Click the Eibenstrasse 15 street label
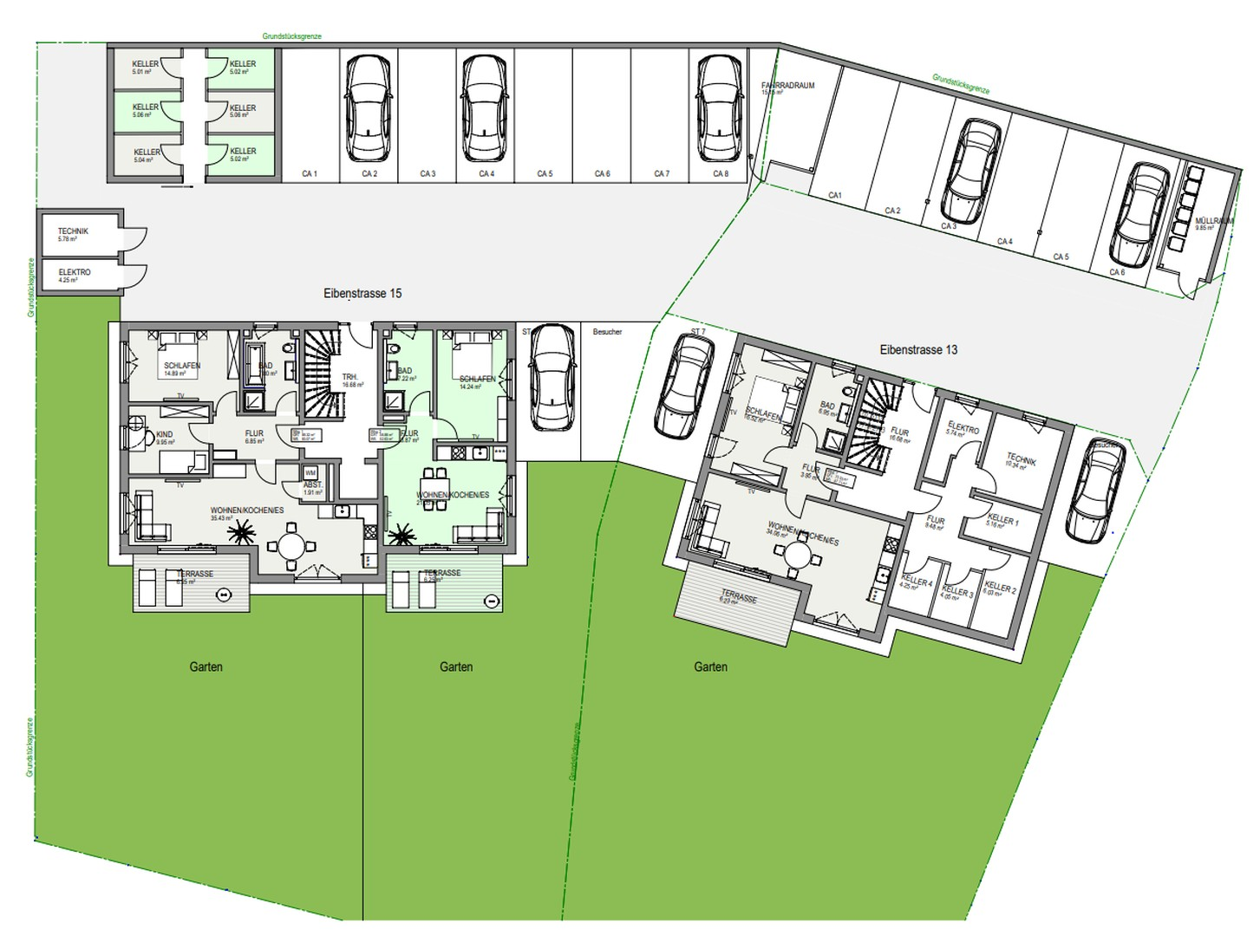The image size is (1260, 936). point(362,293)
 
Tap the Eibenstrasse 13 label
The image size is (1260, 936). point(918,349)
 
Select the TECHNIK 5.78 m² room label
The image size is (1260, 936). point(73,234)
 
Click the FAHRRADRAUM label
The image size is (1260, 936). point(787,87)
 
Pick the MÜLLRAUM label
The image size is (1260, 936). point(1212,223)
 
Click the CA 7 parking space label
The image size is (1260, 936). point(661,174)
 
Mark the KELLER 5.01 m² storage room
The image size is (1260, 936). point(146,67)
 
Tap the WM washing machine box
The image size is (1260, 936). point(310,472)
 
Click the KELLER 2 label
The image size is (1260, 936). point(1000,588)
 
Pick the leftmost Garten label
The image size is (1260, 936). point(206,666)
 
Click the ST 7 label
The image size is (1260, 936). point(698,332)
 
